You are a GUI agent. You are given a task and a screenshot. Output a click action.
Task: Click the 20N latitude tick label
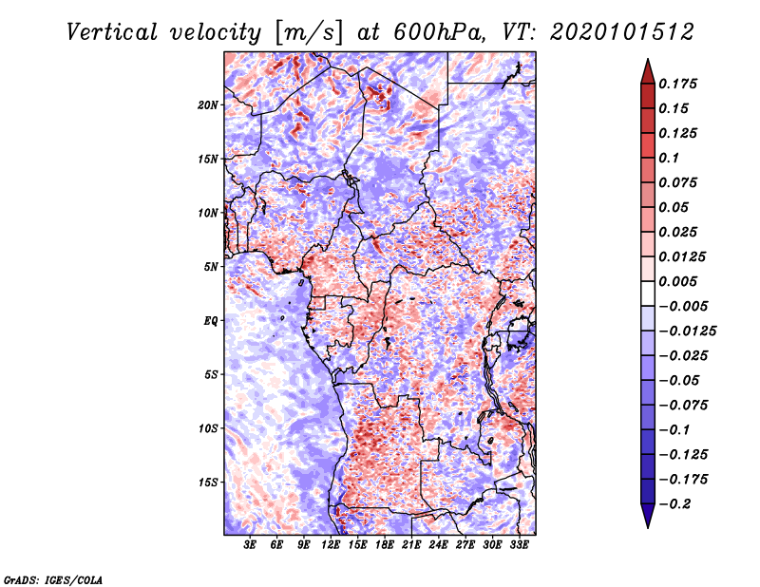point(209,104)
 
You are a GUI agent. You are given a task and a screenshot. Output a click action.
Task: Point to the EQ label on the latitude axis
point(212,320)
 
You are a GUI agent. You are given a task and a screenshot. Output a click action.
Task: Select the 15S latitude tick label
point(209,483)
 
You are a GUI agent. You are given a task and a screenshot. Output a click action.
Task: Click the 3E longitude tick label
point(250,545)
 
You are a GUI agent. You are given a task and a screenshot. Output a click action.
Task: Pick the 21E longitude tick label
point(411,545)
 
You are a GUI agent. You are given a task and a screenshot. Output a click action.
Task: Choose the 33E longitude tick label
point(519,545)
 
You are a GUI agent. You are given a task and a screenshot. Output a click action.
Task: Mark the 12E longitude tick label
point(331,545)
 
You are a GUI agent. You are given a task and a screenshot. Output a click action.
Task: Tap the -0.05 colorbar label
point(680,381)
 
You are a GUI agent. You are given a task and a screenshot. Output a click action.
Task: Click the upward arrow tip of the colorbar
point(647,62)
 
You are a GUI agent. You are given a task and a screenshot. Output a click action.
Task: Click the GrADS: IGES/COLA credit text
point(53,578)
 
